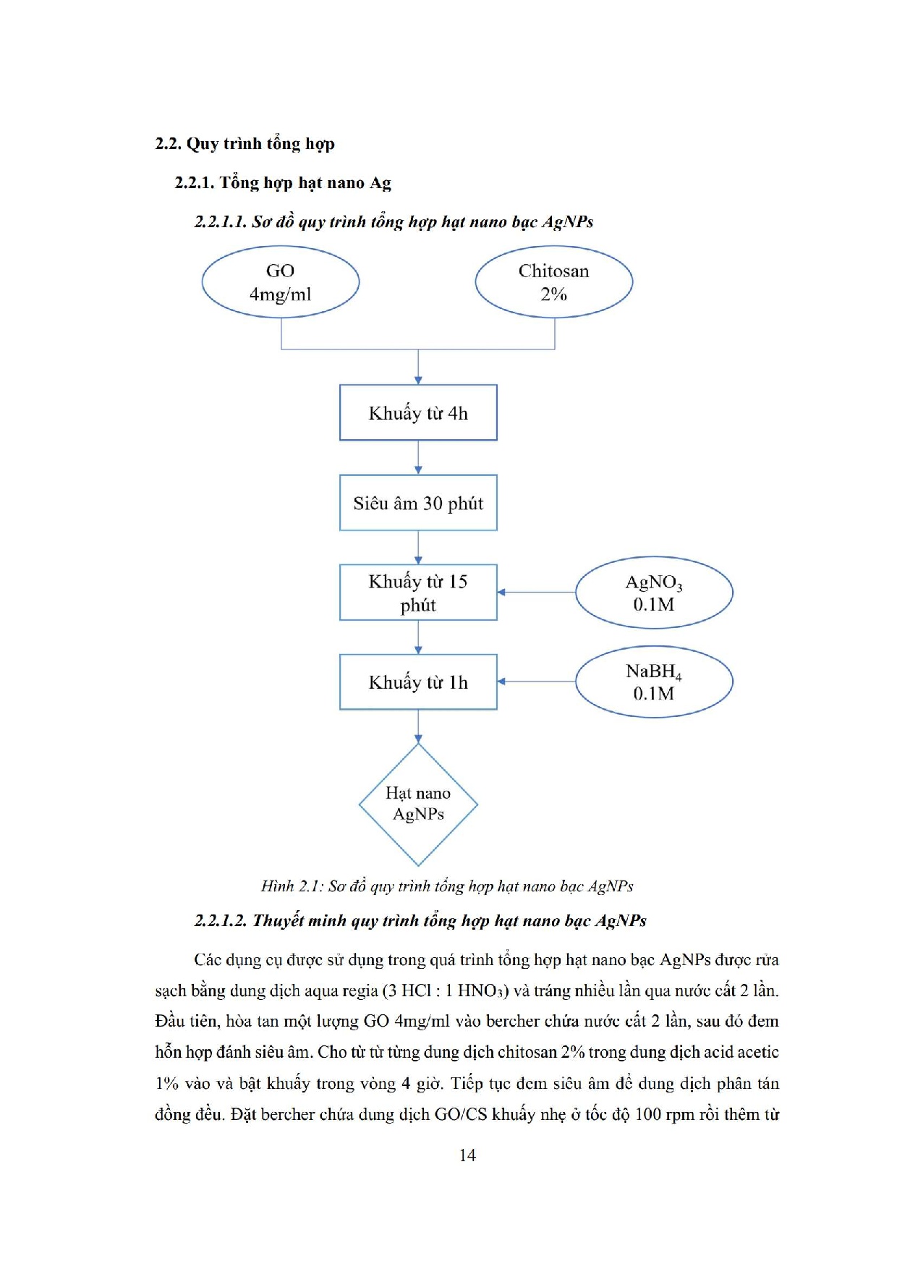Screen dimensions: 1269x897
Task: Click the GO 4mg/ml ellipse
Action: [x=280, y=282]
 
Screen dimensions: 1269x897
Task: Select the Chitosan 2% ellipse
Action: [x=553, y=282]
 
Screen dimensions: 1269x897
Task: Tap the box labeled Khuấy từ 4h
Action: [x=418, y=413]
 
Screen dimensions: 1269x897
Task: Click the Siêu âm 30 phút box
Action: [x=418, y=503]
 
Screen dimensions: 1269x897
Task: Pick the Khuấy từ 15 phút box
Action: [x=418, y=593]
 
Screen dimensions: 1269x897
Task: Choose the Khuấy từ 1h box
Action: [x=418, y=682]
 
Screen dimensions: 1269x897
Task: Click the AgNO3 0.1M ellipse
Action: [x=654, y=593]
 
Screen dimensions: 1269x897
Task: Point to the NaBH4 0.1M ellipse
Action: [x=654, y=682]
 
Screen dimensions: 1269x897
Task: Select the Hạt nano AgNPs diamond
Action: [x=418, y=805]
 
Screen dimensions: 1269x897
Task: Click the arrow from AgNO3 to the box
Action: [x=536, y=593]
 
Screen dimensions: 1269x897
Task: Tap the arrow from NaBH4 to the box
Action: [x=536, y=682]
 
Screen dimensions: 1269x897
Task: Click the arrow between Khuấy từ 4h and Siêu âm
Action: [x=418, y=458]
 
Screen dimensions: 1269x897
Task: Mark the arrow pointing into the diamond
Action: [x=418, y=727]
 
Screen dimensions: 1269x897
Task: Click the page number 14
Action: [x=467, y=1155]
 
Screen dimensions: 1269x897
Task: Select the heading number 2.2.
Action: [x=168, y=143]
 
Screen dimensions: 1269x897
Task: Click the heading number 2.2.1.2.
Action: [x=221, y=921]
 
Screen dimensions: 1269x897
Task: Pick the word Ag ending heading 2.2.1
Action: [x=381, y=183]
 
